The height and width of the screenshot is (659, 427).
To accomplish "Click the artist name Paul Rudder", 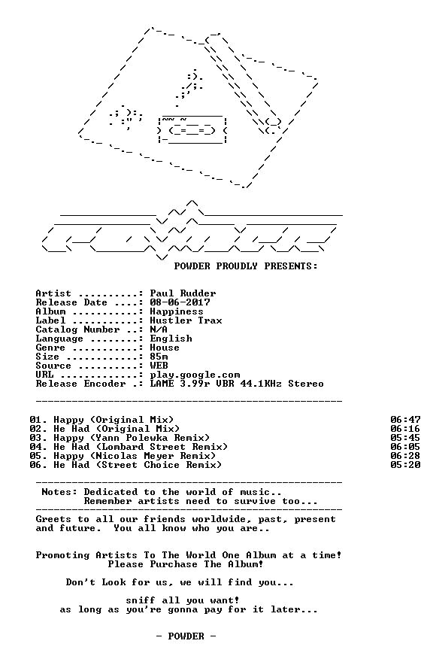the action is [183, 293].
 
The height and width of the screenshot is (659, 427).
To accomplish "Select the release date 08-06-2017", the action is [180, 302].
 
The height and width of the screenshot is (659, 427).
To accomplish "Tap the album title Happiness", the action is [177, 312].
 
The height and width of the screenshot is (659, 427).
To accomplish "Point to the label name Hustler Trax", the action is [186, 320].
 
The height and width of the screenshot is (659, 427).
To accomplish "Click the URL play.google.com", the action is [195, 375].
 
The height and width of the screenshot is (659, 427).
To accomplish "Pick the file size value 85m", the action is [159, 357].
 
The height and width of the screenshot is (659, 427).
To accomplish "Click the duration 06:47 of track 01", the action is [405, 420].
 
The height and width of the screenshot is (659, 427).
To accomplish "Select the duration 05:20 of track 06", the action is [405, 465].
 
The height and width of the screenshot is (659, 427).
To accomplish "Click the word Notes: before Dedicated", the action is [59, 492].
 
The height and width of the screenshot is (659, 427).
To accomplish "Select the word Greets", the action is [53, 519].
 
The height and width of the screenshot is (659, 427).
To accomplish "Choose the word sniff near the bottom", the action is [141, 600].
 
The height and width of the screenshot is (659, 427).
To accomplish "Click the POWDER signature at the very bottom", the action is [186, 636].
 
